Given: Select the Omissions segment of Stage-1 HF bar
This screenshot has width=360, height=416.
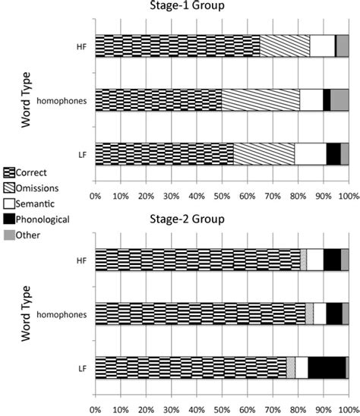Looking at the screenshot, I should point(285,46).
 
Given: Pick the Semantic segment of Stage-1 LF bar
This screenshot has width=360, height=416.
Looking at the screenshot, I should point(310,153).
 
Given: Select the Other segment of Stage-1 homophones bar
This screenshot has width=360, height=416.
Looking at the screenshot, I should point(339,100).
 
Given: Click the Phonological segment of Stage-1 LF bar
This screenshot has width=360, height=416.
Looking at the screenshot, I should point(333,153).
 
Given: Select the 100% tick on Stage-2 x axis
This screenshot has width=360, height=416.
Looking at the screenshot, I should point(347,409).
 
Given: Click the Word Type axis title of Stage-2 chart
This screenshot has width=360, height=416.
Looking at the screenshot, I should point(27,314).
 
